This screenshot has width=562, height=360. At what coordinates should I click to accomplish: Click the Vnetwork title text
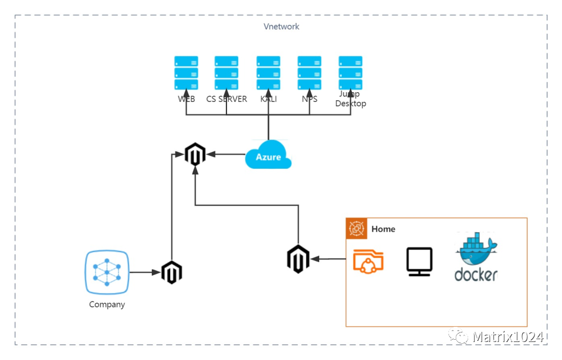[x=282, y=26]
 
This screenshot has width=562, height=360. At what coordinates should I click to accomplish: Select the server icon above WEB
[x=186, y=73]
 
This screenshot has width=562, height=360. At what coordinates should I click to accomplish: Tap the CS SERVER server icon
[x=226, y=73]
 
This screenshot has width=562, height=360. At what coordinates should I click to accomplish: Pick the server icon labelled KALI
[x=269, y=73]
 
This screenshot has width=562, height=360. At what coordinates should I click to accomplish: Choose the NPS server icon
[x=309, y=73]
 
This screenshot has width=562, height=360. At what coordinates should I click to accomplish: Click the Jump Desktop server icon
[x=350, y=73]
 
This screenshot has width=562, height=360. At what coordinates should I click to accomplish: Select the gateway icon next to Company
[x=171, y=272]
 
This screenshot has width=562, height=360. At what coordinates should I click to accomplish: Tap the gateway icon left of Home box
[x=298, y=259]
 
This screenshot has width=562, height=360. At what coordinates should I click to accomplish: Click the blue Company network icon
[x=107, y=273]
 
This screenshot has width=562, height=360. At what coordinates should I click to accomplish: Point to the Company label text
[x=107, y=305]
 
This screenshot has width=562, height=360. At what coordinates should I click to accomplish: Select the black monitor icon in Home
[x=419, y=262]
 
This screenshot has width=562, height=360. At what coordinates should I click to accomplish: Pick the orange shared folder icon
[x=369, y=262]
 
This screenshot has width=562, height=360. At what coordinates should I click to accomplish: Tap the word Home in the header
[x=383, y=229]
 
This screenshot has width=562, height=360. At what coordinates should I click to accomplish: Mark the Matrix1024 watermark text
[x=508, y=337]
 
